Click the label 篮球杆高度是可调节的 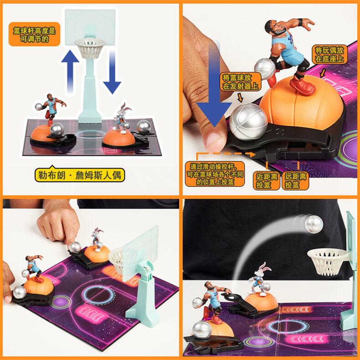point(35,34)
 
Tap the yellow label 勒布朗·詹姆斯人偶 point(80,175)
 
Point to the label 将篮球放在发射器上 point(241,82)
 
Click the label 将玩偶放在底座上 point(329,54)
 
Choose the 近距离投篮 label point(267,181)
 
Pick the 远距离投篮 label point(295,181)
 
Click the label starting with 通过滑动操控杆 point(215,174)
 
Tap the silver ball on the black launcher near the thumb point(249,122)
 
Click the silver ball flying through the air point(314,224)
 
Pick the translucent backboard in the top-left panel point(90,27)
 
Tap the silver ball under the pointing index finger point(75,247)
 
